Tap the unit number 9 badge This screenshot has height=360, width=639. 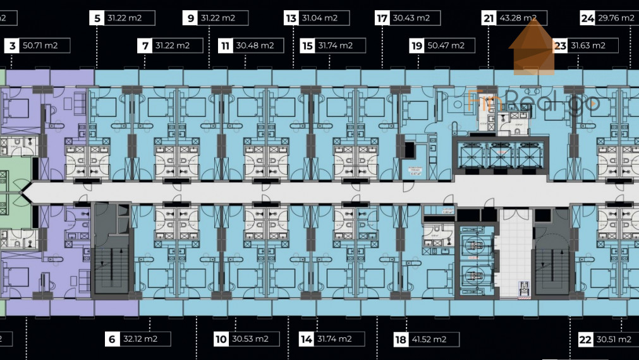[191, 18]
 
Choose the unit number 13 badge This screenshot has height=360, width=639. [291, 18]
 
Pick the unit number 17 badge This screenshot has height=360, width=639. [382, 18]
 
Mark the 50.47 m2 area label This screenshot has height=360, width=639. [446, 45]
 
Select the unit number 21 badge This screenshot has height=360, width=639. [489, 18]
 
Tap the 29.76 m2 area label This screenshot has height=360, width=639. [616, 18]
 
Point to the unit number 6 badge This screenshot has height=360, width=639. [112, 339]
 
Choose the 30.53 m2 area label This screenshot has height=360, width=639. [250, 339]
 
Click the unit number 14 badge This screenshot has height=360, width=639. [307, 339]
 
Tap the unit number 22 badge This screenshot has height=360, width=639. [585, 339]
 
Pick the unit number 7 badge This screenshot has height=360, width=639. [145, 45]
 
